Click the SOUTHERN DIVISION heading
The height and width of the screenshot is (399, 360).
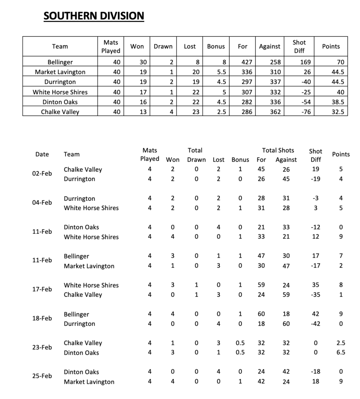coord(94,16)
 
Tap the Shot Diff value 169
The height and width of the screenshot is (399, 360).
coord(299,62)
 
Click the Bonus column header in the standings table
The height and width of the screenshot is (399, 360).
coord(216,46)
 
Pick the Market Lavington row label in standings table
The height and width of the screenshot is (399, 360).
coord(60,72)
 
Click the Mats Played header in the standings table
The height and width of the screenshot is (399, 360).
coord(111,46)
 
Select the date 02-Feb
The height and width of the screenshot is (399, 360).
coord(42,174)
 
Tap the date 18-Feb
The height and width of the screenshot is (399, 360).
coord(42,319)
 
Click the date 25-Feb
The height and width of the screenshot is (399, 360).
coord(42,376)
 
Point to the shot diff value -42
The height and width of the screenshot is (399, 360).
coord(315,324)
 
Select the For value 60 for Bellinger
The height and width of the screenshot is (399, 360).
coord(261,314)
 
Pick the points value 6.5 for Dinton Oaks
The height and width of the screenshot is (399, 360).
coord(340,353)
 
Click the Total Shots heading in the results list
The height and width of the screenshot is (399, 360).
coord(278,150)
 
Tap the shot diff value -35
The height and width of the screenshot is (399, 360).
coord(315,295)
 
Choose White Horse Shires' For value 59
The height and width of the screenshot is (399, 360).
coord(261,285)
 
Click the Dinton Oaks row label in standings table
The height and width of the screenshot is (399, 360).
coord(60,102)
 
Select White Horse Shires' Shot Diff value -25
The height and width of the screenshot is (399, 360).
coord(299,92)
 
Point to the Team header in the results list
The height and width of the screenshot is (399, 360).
coord(71,154)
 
